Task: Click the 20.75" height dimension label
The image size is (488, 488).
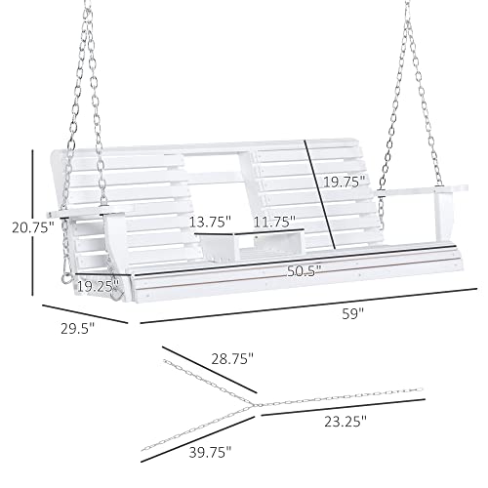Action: (33, 227)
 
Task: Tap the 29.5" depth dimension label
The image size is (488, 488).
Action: (77, 328)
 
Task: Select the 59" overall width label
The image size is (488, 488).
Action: (352, 314)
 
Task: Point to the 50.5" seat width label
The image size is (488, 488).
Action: (304, 270)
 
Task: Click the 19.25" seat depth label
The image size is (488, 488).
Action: (98, 287)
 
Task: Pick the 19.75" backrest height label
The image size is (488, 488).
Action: (345, 182)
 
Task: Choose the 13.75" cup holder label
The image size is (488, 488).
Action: (210, 222)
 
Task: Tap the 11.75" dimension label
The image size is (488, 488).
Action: (274, 222)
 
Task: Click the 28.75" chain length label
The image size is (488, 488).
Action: (232, 359)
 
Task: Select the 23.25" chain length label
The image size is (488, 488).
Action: (346, 422)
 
